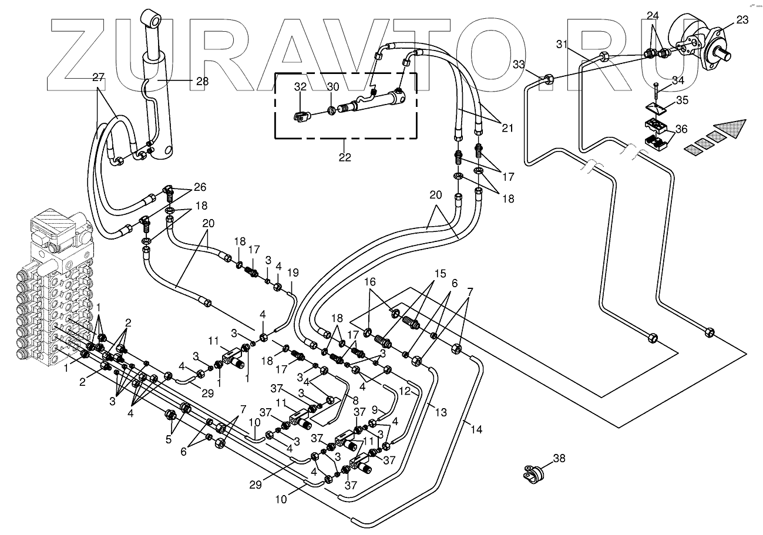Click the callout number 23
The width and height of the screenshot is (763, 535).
742,20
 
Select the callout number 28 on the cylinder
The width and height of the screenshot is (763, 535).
201,81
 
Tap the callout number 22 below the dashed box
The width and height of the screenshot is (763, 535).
344,157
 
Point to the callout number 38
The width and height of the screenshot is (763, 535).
559,459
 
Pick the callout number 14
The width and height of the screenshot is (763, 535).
476,430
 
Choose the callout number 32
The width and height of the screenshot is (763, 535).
300,86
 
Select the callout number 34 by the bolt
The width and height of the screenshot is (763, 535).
677,79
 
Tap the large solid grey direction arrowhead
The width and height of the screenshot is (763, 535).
731,127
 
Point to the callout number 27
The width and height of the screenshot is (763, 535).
98,76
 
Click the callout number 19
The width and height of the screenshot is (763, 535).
293,272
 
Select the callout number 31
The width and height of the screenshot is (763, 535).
562,45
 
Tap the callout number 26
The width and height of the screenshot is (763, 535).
200,187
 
